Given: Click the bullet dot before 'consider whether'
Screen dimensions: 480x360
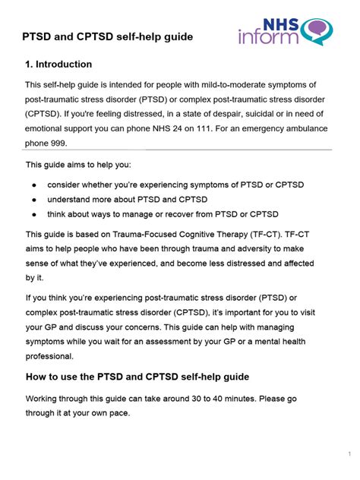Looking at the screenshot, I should coord(34,185).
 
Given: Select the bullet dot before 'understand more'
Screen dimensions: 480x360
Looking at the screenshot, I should coord(34,199).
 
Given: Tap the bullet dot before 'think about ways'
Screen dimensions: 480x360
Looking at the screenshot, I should coord(34,214).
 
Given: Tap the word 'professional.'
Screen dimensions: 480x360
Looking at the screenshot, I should coord(55,356).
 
